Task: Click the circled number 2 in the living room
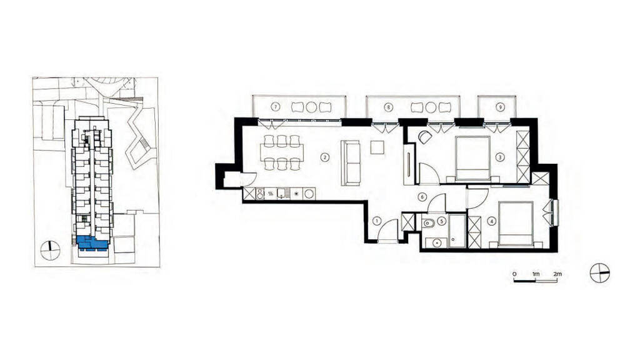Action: tap(324, 157)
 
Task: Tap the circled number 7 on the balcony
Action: tap(276, 107)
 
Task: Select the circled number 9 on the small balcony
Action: tap(499, 107)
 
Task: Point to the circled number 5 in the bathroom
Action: tap(441, 222)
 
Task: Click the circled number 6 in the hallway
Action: tap(422, 197)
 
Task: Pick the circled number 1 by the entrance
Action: tap(377, 222)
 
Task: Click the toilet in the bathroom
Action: tap(428, 223)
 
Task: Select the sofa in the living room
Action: tap(351, 163)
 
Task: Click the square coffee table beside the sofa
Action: tap(377, 147)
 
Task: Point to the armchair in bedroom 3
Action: tap(424, 137)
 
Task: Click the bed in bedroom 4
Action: tap(516, 224)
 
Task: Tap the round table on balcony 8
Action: tap(431, 107)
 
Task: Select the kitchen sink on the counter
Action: tap(281, 194)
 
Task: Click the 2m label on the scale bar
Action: tap(557, 274)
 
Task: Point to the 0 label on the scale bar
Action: tap(515, 274)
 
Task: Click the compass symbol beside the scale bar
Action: tap(599, 273)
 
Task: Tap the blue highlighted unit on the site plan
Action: tap(92, 243)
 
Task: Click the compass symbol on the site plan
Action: tap(51, 250)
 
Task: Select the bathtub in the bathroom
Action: tap(457, 231)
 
